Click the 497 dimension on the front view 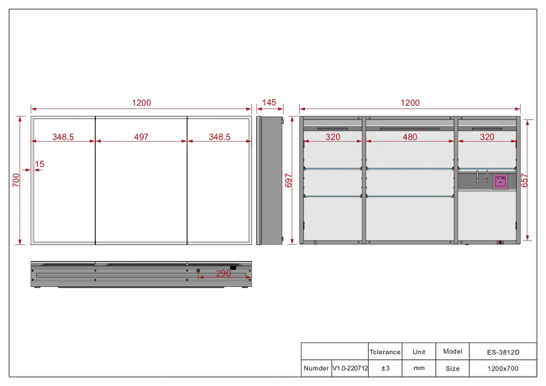pyautogui.click(x=141, y=137)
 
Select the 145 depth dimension pyautogui.click(x=269, y=102)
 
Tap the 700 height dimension pyautogui.click(x=16, y=180)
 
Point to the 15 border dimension pyautogui.click(x=39, y=164)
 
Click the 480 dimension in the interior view pyautogui.click(x=410, y=137)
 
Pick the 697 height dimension pyautogui.click(x=288, y=180)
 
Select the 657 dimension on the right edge pyautogui.click(x=524, y=180)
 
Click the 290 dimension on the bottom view pyautogui.click(x=223, y=274)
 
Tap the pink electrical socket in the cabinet pyautogui.click(x=501, y=181)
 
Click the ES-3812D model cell pyautogui.click(x=503, y=352)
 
